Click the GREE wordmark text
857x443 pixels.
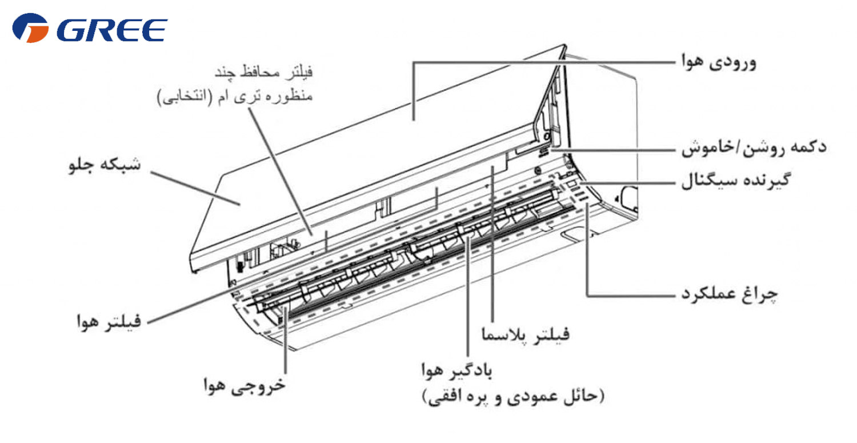click(x=112, y=30)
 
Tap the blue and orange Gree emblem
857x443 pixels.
click(x=30, y=28)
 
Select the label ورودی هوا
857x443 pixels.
click(x=719, y=62)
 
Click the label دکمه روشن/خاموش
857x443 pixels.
click(x=754, y=148)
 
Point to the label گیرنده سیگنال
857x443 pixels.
click(x=735, y=181)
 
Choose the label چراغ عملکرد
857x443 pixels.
click(x=729, y=294)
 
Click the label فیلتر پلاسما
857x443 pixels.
click(x=526, y=334)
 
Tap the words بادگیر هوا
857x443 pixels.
click(x=456, y=370)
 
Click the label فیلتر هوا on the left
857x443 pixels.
click(x=109, y=321)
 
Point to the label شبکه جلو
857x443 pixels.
click(x=105, y=165)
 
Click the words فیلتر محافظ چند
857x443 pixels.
click(x=263, y=72)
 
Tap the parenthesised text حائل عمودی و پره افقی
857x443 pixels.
click(x=514, y=397)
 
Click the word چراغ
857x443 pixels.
click(x=760, y=294)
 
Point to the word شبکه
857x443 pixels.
click(x=122, y=165)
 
